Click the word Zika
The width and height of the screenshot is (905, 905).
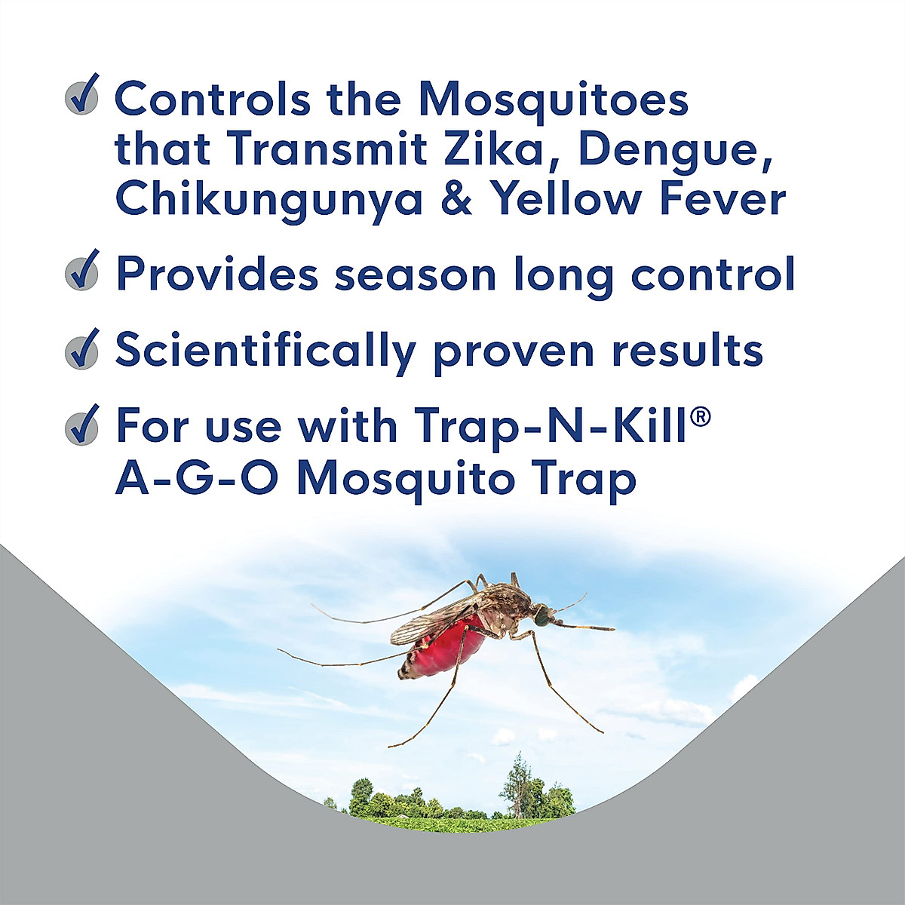(491, 149)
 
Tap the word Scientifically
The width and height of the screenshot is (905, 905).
(265, 351)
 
